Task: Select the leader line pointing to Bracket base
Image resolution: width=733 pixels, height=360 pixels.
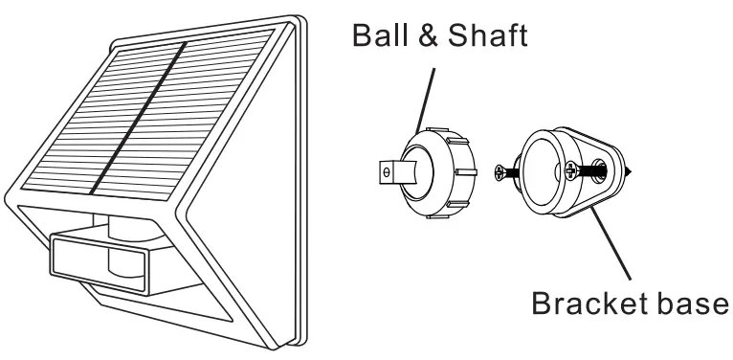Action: [611, 243]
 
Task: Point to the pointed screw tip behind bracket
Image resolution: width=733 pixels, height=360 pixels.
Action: [630, 173]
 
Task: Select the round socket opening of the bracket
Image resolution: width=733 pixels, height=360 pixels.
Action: [545, 169]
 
